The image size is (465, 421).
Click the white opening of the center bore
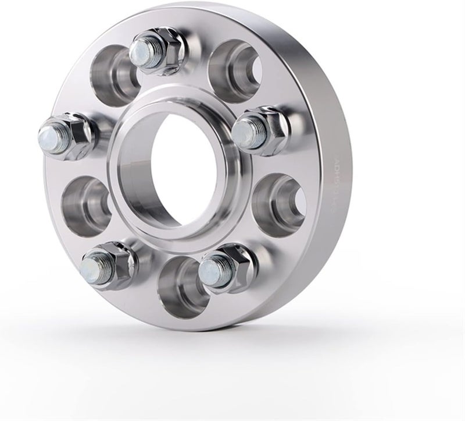click(x=181, y=163)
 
